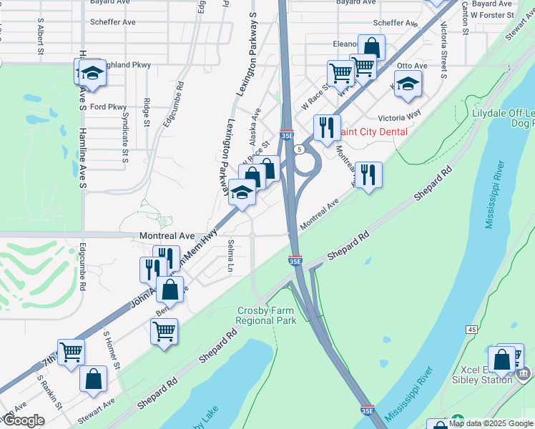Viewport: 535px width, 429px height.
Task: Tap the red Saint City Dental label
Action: (373, 132)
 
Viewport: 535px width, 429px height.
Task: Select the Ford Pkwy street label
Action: (108, 107)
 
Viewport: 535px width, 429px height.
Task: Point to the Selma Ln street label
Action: (231, 255)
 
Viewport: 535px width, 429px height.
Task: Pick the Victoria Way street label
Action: (399, 118)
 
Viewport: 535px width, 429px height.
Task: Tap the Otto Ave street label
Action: (411, 66)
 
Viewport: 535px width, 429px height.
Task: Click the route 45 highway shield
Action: (471, 329)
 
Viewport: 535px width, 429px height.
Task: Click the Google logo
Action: (23, 420)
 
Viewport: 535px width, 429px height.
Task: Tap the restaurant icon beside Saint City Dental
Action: (327, 128)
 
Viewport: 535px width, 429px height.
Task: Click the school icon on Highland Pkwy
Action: (92, 72)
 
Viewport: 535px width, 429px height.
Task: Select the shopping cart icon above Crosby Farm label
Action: (165, 331)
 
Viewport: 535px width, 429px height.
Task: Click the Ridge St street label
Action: (147, 112)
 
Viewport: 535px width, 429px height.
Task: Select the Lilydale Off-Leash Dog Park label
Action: (503, 118)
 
